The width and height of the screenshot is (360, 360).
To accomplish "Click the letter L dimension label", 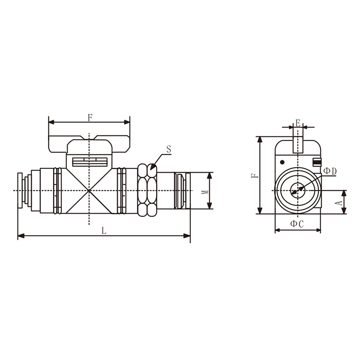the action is pos(104,230).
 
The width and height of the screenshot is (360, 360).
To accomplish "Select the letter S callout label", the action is pos(169,149).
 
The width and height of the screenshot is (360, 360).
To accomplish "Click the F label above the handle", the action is pos(90,118).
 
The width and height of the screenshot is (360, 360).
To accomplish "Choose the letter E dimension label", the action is pos(298,123).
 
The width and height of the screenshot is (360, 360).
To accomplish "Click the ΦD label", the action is pos(330,171).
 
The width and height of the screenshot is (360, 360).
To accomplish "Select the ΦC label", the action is pos(297,224).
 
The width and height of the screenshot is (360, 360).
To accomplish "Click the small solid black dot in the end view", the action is pos(283,162).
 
